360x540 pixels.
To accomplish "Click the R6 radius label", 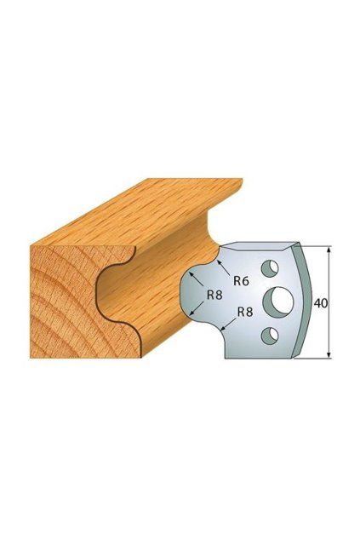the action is [241, 281].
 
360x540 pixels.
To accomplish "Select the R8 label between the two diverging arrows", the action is [214, 295].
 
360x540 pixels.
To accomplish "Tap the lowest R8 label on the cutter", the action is [245, 312].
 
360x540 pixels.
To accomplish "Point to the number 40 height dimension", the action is [321, 303].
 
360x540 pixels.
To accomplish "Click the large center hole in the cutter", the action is [277, 298].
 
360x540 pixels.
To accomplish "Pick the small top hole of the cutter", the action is [270, 268].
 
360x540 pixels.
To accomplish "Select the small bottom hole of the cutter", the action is [270, 336].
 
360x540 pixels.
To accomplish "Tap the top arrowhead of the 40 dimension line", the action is [329, 250].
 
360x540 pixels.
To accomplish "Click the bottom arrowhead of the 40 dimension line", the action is [329, 354].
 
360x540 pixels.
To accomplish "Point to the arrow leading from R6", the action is [225, 268].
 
